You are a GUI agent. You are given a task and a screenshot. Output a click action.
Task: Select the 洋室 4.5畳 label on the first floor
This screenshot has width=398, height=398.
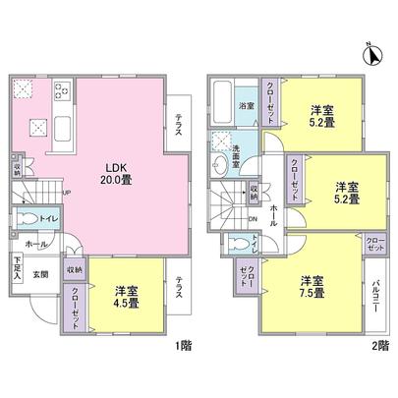125,297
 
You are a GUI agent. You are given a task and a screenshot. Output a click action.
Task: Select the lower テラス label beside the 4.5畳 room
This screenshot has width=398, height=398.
179,289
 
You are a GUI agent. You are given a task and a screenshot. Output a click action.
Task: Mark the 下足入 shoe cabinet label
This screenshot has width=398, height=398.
19,265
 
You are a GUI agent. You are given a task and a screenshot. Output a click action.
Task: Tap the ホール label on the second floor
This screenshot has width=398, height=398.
272,209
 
